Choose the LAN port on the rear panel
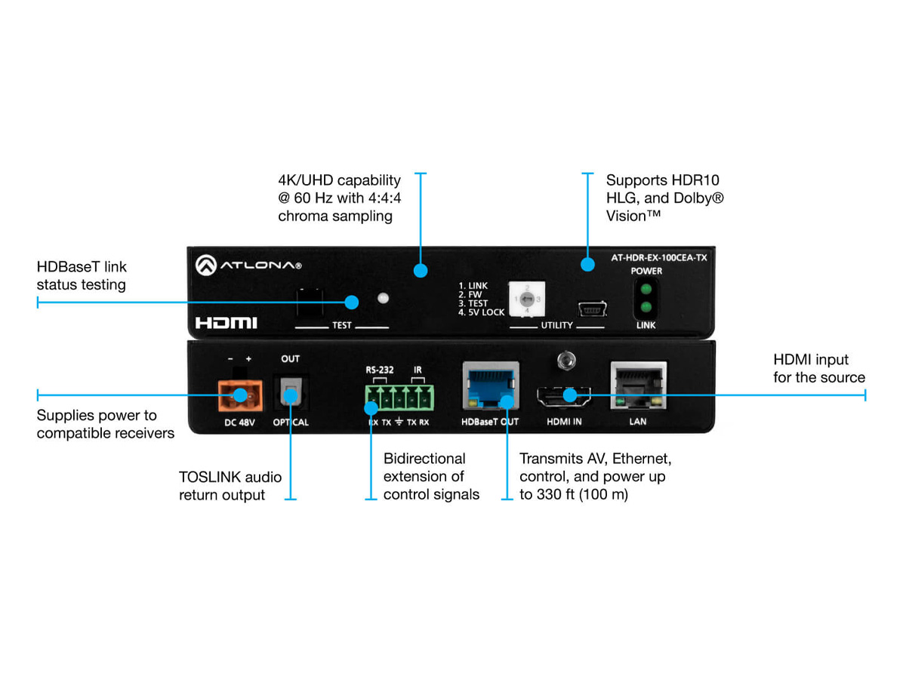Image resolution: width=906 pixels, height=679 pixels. coord(638,389)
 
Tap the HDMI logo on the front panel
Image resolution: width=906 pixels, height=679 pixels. coord(226,322)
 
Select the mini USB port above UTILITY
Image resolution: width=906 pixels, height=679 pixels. coord(594,309)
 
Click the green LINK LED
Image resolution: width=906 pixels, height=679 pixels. coord(645,307)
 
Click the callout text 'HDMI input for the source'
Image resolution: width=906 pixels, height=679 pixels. coord(818,368)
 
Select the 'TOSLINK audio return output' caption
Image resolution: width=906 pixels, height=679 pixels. coord(230,486)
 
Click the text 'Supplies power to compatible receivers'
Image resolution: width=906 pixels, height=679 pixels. coord(105,424)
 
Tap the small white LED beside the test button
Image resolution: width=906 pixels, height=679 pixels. coord(384,297)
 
